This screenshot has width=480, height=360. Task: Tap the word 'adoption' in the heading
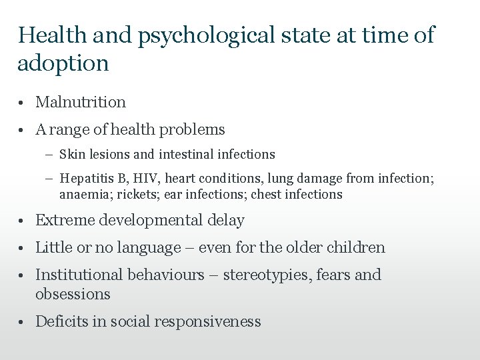click(63, 64)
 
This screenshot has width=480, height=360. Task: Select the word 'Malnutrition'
click(80, 102)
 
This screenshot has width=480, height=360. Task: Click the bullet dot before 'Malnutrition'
click(23, 103)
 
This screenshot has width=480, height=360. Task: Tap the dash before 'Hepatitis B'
click(51, 179)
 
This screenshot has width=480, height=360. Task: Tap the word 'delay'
click(226, 220)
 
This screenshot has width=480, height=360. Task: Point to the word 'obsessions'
click(73, 294)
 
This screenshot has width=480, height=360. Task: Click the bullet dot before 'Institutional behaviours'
click(23, 275)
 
